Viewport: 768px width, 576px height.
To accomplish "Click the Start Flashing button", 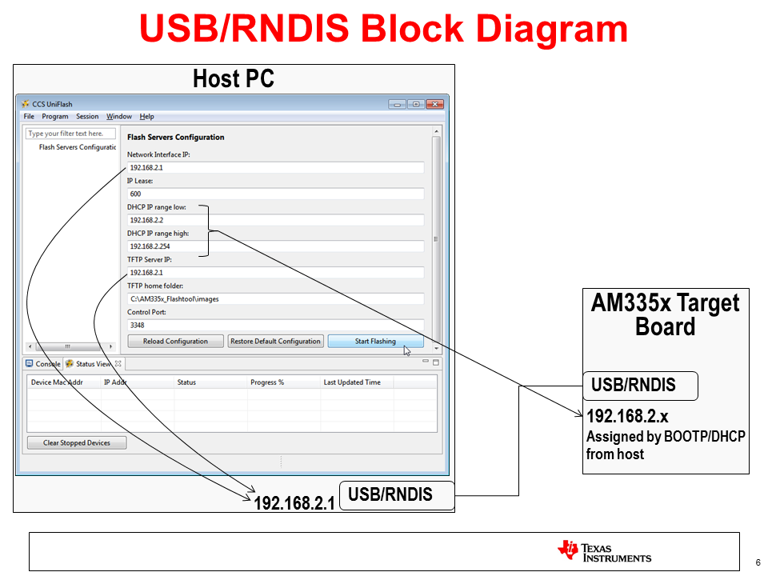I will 374,342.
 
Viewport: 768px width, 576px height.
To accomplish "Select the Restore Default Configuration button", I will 275,342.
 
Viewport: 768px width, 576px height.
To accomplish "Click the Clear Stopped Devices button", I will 77,442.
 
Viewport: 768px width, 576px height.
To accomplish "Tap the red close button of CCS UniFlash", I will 435,104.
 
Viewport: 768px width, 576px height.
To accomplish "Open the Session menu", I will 87,117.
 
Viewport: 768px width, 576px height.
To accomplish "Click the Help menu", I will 146,117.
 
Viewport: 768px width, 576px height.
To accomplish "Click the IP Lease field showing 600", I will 275,194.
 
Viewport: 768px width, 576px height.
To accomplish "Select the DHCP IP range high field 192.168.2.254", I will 275,246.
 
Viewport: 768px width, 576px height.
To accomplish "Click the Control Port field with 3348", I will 275,325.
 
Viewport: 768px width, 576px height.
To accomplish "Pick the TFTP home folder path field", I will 275,298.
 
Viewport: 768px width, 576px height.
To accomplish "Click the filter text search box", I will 70,134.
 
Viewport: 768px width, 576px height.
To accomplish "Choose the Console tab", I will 43,364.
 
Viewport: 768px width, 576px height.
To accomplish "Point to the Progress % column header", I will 267,382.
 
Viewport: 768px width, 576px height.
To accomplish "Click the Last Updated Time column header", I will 352,382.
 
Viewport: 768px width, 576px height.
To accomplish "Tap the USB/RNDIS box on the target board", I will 639,386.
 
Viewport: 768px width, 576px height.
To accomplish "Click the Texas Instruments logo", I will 604,551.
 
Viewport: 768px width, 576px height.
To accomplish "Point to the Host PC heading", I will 234,79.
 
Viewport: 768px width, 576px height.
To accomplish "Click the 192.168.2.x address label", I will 627,417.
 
